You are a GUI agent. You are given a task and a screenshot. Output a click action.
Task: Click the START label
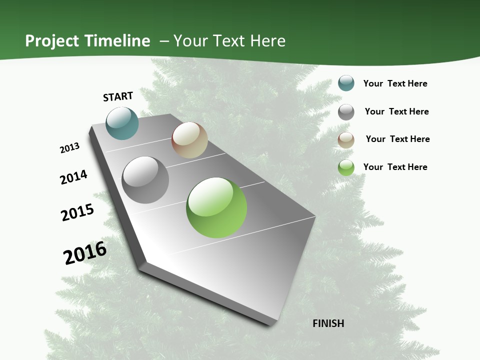point(118,96)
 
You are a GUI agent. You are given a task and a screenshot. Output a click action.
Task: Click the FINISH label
point(328,323)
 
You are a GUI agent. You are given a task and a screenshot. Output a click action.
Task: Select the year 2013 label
point(69,148)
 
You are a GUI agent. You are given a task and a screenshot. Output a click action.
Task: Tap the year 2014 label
point(73,177)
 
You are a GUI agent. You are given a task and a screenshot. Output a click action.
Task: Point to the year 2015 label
point(77,212)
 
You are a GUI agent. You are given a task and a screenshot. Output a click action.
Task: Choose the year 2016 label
point(85,253)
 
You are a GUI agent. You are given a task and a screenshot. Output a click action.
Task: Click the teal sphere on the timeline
point(122,123)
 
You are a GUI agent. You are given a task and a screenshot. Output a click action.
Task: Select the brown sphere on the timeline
point(189,140)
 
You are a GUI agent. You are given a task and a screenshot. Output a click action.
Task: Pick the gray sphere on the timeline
point(145,180)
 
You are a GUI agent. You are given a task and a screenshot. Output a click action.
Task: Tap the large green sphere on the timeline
point(216,207)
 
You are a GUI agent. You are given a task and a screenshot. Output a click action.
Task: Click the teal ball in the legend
point(346,83)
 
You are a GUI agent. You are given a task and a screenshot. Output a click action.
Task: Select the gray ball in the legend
point(346,112)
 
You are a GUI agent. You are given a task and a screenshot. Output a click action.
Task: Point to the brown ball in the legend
point(346,140)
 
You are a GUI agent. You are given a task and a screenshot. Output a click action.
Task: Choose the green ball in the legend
point(346,167)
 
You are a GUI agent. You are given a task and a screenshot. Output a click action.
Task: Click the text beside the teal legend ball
point(395,83)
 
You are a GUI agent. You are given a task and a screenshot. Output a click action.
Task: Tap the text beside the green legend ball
point(395,167)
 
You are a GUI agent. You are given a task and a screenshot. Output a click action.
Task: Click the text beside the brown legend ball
point(397,139)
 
